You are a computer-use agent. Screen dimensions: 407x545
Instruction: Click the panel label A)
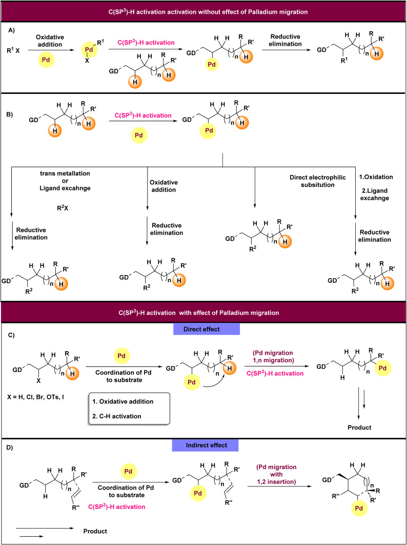12,30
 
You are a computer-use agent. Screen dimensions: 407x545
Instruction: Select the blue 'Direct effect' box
207,329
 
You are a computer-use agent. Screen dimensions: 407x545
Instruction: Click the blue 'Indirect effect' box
205,445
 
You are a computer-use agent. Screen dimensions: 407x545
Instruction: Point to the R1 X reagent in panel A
13,51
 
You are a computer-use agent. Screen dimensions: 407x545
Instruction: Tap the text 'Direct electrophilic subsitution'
318,181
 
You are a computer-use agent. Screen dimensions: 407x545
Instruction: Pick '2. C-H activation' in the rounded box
117,416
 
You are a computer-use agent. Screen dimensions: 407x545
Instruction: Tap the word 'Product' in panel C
359,427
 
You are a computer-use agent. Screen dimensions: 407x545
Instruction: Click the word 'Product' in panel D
95,531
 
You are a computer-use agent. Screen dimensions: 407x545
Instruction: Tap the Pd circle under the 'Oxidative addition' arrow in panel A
46,60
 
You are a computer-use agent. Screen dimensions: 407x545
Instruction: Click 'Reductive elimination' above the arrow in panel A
285,41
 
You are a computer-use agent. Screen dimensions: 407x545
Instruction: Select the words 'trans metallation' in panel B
65,173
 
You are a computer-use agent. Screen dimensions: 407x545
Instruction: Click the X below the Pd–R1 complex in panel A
88,60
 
